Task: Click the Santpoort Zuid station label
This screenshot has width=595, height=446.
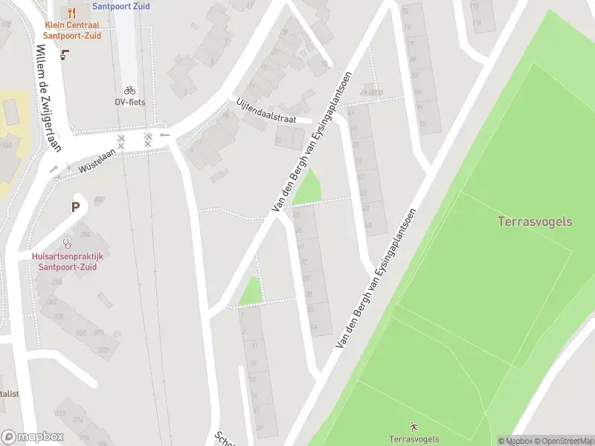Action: point(120,6)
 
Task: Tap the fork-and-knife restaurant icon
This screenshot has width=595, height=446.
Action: point(71,13)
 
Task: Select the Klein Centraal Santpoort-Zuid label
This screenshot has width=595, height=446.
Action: point(71,30)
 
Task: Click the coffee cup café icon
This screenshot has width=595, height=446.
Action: point(65,54)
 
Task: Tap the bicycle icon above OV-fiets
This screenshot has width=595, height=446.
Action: point(129,90)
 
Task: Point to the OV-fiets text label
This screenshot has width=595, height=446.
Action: point(129,102)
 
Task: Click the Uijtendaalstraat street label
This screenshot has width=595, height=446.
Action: point(266,113)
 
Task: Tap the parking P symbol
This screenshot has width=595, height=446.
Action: point(75,207)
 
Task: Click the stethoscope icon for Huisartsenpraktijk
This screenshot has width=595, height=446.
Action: point(67,243)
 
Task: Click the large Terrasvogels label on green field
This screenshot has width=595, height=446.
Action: point(535,222)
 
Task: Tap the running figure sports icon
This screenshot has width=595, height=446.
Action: point(414,427)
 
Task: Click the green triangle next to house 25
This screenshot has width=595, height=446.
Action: point(309,190)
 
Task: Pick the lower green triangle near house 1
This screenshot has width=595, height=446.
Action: point(252,292)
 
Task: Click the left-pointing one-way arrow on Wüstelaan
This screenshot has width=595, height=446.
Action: point(164,135)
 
